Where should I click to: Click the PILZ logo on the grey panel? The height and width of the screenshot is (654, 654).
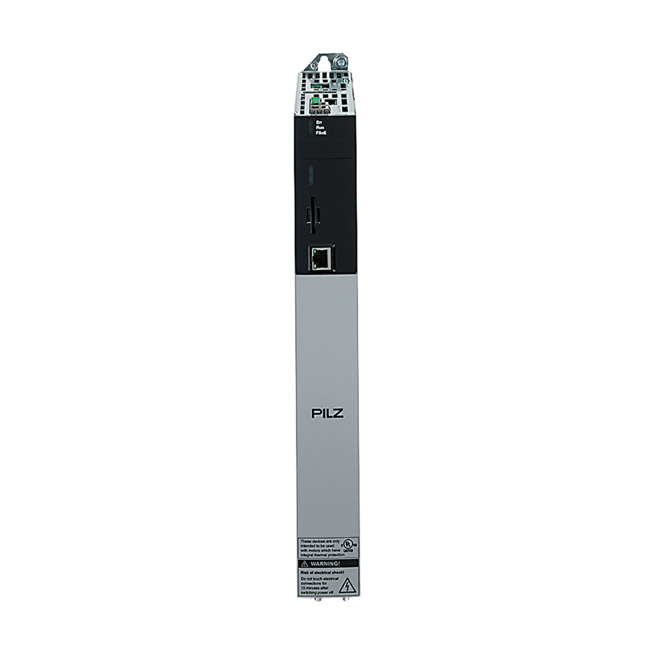click(327, 415)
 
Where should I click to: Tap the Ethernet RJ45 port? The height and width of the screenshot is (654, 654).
click(321, 259)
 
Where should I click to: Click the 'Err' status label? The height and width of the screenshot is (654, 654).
click(320, 122)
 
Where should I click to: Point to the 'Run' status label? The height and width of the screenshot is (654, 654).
click(320, 127)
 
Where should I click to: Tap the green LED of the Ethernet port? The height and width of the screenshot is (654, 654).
click(314, 250)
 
